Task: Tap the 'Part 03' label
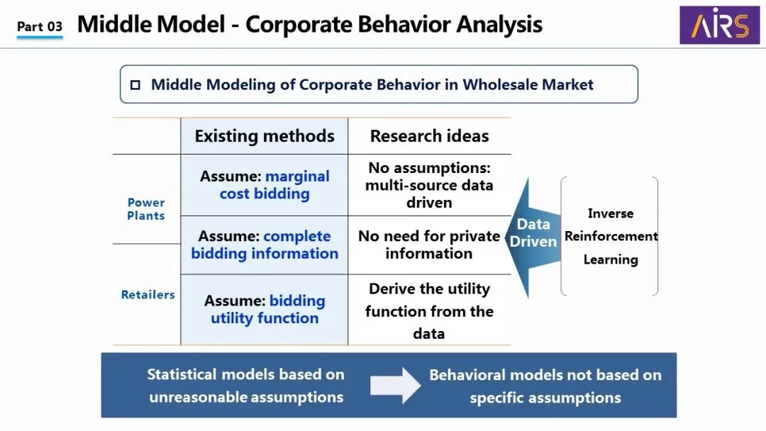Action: coord(40,27)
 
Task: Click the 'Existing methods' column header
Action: coord(265,136)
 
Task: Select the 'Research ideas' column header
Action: coord(429,136)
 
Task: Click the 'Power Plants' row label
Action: coord(146,209)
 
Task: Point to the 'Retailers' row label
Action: coord(148,294)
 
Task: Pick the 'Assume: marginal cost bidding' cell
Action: coord(265,185)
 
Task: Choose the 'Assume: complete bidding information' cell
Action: coord(265,245)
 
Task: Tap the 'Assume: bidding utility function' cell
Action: coord(265,310)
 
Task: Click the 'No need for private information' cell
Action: coord(429,245)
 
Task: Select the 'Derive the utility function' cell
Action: coord(429,310)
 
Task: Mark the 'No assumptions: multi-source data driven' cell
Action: coord(429,185)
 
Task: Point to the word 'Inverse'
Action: coord(611,213)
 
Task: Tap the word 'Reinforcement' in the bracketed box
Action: coord(611,236)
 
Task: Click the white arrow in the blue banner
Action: coord(395,385)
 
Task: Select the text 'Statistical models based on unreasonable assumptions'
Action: coord(245,385)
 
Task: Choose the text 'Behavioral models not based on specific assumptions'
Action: coord(545,386)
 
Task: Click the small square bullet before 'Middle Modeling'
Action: coord(135,85)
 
